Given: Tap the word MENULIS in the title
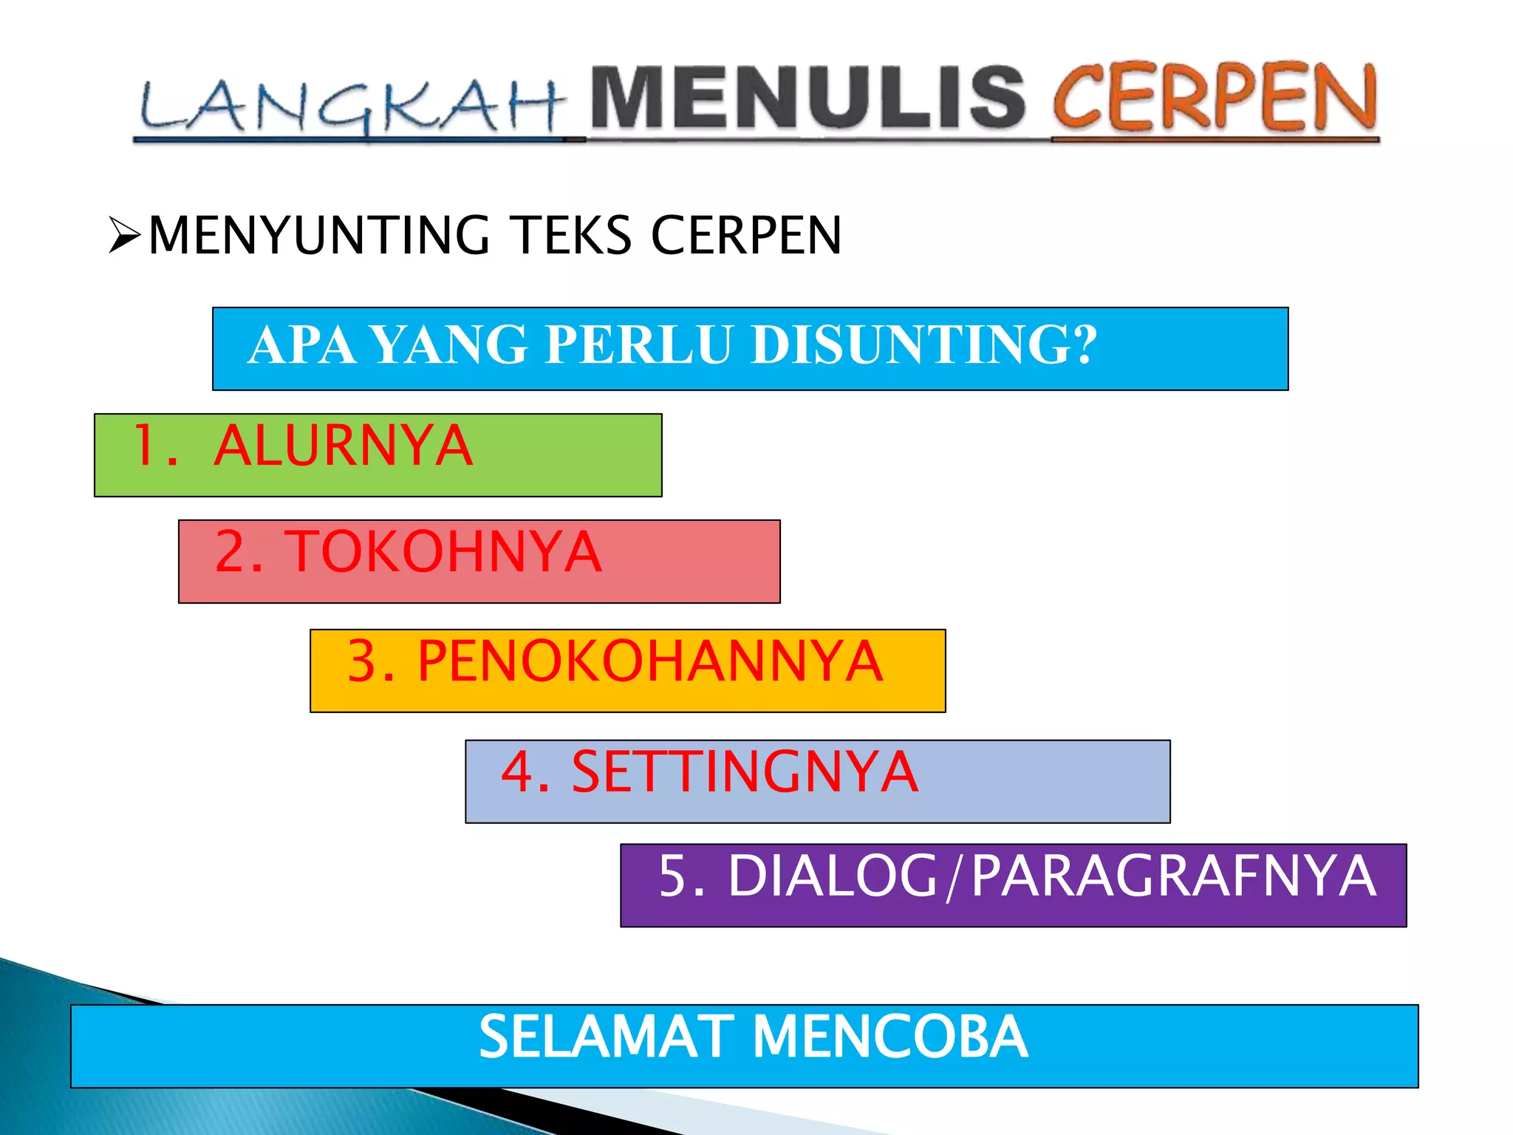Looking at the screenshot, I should tap(809, 98).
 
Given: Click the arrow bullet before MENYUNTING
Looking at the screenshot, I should tap(124, 235).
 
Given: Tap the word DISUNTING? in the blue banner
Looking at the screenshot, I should tap(923, 345).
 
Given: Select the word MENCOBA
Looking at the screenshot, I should tap(890, 1037).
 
